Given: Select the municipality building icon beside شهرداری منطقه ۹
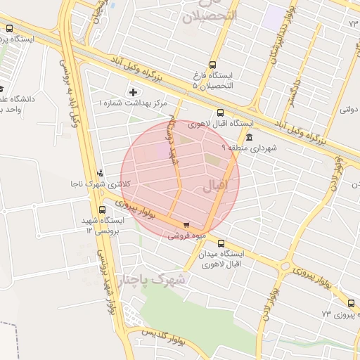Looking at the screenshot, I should click(249, 136).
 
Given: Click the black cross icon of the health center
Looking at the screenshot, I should click(134, 92).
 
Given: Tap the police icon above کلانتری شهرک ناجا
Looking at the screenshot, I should click(101, 172).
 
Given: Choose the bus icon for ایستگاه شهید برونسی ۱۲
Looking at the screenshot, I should click(101, 209).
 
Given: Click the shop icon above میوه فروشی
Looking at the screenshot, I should click(186, 226).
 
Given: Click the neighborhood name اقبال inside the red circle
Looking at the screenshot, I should click(215, 187).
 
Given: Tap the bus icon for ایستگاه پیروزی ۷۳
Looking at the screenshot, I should click(351, 303).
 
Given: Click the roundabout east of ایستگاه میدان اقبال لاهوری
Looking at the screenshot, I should click(285, 266).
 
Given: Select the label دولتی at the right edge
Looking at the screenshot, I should click(349, 110).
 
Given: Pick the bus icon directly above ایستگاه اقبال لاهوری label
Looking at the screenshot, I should click(221, 112).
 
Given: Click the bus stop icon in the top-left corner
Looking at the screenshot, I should click(9, 29).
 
